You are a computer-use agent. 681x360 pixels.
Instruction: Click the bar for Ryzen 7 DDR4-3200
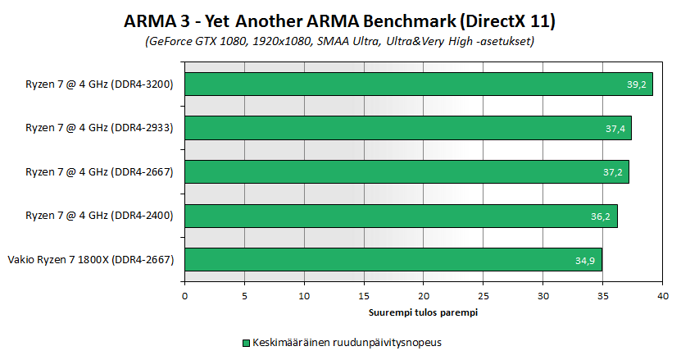click(x=418, y=84)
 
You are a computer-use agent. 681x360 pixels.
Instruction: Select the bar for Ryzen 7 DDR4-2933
click(x=407, y=128)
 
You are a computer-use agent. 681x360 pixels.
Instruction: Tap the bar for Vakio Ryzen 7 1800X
click(x=393, y=260)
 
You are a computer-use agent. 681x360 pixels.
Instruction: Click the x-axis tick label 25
click(x=484, y=295)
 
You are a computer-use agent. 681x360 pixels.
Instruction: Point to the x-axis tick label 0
click(x=185, y=295)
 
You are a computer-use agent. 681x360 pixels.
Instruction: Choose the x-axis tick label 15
click(x=364, y=295)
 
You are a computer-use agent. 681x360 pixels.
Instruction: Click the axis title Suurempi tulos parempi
click(x=424, y=312)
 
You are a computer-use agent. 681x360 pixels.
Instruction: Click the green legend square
click(x=246, y=342)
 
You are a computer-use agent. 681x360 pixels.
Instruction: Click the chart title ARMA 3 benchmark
click(x=340, y=20)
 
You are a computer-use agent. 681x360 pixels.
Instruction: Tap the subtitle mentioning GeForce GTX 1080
click(x=340, y=40)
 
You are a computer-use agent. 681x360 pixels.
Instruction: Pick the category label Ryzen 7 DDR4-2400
click(x=99, y=216)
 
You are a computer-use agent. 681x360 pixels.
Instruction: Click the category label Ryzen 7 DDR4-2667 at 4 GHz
click(x=99, y=172)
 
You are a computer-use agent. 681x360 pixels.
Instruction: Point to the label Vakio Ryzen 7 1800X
click(x=91, y=261)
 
